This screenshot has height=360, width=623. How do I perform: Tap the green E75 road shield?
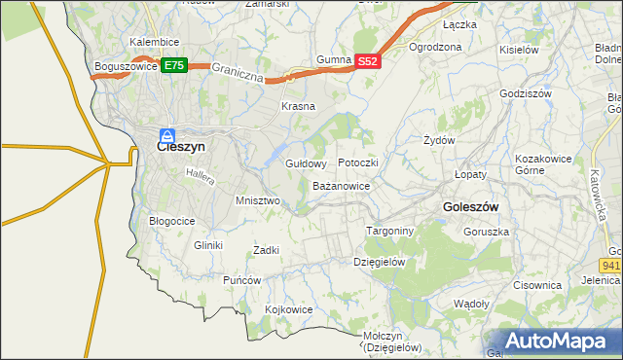pyautogui.click(x=174, y=65)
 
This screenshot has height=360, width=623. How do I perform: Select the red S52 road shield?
pyautogui.click(x=367, y=60)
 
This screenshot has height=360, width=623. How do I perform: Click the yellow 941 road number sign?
pyautogui.click(x=611, y=264)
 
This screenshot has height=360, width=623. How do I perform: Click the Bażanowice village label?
pyautogui.click(x=341, y=185)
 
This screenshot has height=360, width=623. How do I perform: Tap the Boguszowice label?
pyautogui.click(x=126, y=66)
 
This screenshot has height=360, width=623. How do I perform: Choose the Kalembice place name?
pyautogui.click(x=154, y=43)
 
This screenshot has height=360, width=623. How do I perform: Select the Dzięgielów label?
pyautogui.click(x=379, y=262)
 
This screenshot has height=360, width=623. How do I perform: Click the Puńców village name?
pyautogui.click(x=242, y=280)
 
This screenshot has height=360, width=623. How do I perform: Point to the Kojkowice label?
pyautogui.click(x=289, y=309)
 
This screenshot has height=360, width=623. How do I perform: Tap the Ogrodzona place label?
pyautogui.click(x=435, y=47)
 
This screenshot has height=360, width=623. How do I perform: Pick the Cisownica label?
pyautogui.click(x=538, y=285)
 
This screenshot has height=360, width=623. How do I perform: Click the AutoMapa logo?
pyautogui.click(x=561, y=341)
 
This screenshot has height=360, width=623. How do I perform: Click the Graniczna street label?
pyautogui.click(x=238, y=74)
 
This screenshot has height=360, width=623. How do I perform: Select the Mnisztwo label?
pyautogui.click(x=258, y=200)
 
